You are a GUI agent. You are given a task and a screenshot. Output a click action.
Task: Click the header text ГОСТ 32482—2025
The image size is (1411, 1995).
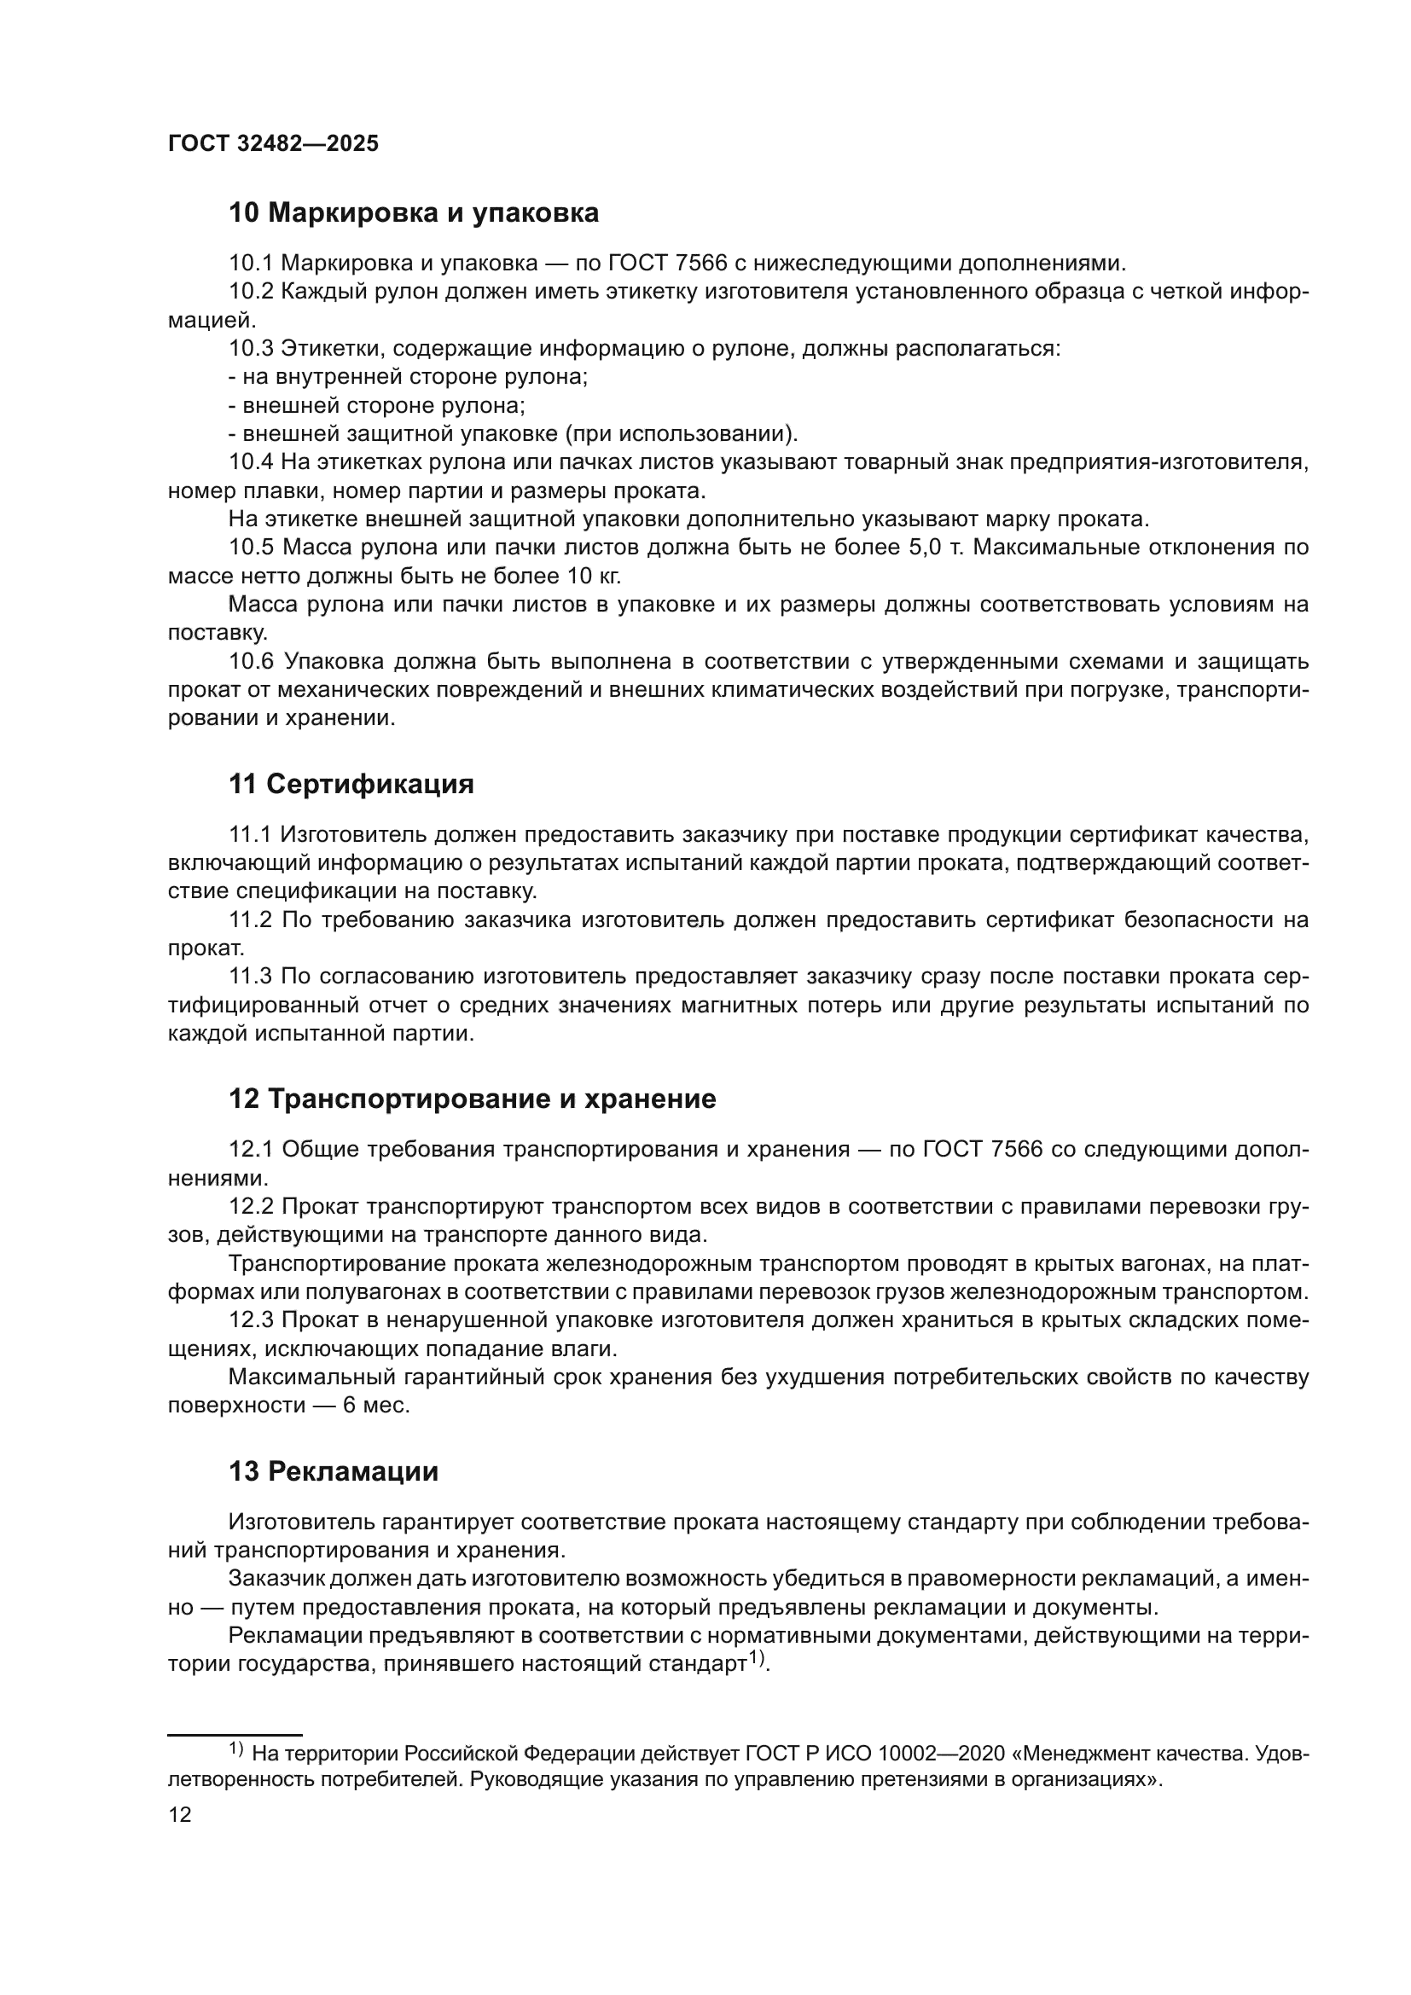pyautogui.click(x=273, y=144)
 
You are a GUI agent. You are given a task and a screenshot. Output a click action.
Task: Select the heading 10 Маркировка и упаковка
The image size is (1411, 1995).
pyautogui.click(x=414, y=213)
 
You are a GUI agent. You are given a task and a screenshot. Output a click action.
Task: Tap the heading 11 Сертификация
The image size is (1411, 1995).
pyautogui.click(x=351, y=784)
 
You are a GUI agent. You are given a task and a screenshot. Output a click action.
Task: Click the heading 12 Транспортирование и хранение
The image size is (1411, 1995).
pyautogui.click(x=472, y=1099)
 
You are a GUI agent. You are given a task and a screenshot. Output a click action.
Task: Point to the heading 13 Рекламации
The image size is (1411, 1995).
pyautogui.click(x=333, y=1471)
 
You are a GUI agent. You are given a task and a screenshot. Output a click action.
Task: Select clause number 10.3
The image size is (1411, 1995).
pyautogui.click(x=251, y=349)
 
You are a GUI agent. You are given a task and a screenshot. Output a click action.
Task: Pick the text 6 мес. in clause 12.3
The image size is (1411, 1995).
pyautogui.click(x=375, y=1405)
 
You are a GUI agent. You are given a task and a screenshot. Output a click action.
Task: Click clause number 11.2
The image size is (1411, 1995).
pyautogui.click(x=251, y=919)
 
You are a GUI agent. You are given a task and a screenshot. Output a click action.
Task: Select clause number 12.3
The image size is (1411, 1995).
pyautogui.click(x=251, y=1319)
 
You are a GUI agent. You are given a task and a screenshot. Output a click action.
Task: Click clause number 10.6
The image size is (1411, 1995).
pyautogui.click(x=251, y=661)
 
